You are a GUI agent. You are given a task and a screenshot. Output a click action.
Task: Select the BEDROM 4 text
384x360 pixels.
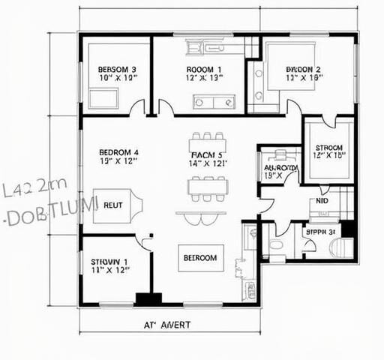[x=119, y=152]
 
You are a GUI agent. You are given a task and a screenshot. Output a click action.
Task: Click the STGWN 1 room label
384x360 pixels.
[x=109, y=262]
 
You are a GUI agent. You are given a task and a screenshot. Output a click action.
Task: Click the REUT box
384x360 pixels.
[x=113, y=205]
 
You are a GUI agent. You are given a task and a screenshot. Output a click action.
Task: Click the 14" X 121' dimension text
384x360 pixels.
[x=208, y=163]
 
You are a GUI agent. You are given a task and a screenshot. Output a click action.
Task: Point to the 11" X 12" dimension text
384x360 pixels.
[x=109, y=270]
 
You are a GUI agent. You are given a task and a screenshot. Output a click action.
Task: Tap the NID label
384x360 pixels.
[x=322, y=202]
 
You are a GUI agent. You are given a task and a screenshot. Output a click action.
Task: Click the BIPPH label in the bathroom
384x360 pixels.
[x=319, y=232]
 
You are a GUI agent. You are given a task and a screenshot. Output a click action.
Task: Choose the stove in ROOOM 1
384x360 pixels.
[x=203, y=102]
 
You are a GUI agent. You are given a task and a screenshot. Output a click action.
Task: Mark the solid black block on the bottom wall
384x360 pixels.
[x=148, y=298]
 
